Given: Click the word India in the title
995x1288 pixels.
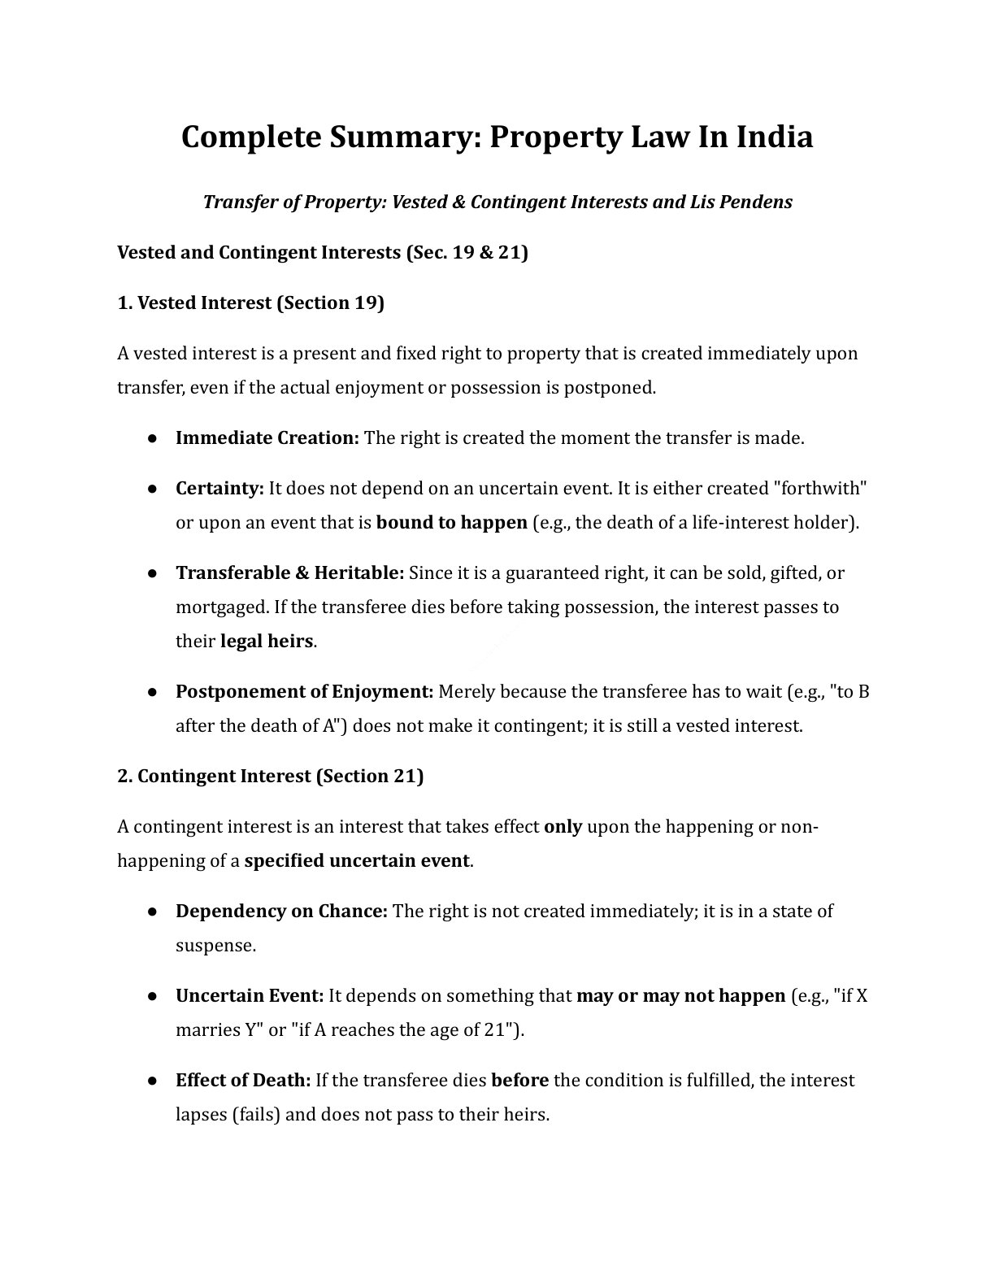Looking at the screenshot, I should pos(764,137).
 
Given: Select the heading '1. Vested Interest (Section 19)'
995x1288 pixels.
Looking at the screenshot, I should pos(250,303).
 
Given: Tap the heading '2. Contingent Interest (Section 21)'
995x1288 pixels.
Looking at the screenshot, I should pos(270,776).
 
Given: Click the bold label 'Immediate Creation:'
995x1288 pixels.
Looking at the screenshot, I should pos(267,438).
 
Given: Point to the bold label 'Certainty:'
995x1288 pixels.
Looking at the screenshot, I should pos(219,489).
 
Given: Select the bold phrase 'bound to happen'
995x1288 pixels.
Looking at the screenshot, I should pos(451,523).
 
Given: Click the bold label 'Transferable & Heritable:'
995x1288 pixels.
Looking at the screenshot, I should pos(289,573).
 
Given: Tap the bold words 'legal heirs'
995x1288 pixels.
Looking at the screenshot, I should pos(267,642).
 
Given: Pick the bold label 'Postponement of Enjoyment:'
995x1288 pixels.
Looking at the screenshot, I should pos(304,692).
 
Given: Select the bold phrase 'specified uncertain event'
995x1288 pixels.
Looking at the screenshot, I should pos(356,861).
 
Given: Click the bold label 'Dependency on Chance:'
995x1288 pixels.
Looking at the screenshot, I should pos(281,912).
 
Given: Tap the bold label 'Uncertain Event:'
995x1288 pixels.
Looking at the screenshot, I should pos(250,996).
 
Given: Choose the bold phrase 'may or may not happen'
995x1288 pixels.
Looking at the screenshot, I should pos(680,996).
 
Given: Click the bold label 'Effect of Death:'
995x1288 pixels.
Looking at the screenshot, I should pos(243,1081).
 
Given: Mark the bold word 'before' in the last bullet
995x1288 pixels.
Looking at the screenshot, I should pos(519,1081).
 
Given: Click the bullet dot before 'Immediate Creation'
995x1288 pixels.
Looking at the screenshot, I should pos(152,438).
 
